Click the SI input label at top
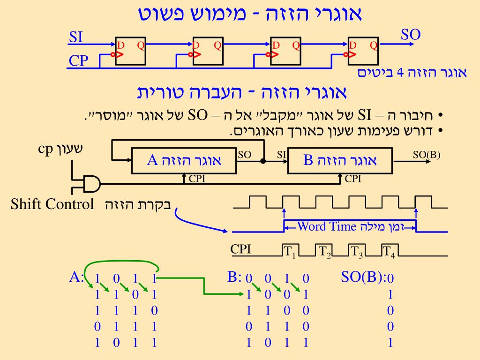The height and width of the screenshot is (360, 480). point(76,37)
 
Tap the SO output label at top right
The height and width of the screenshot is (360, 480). point(411,34)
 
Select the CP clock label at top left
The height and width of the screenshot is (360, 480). point(78,60)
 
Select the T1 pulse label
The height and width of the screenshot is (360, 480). point(289,252)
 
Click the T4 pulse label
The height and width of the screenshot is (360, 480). point(389,252)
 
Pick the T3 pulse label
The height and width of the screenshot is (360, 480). point(356,252)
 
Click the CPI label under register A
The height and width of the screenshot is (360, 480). point(197,179)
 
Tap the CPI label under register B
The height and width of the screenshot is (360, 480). point(353,179)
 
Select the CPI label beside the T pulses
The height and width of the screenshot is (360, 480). point(241,249)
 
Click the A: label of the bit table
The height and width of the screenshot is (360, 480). point(76,277)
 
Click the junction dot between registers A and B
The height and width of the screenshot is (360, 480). point(263,161)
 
